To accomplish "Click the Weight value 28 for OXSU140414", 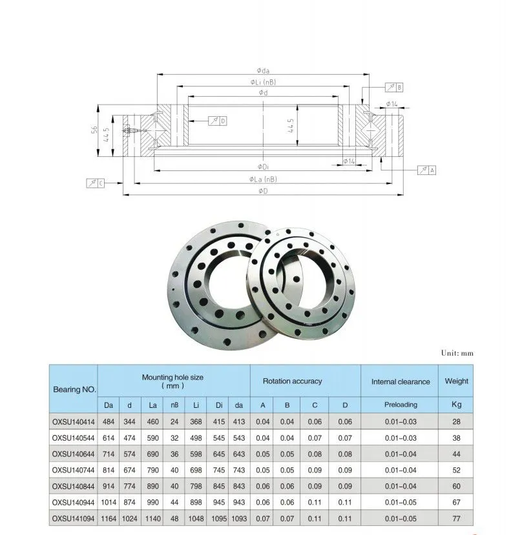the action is [x=456, y=421].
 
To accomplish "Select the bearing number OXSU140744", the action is [x=73, y=470].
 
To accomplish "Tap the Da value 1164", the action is [x=109, y=519].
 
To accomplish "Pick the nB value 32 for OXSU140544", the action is [x=174, y=438].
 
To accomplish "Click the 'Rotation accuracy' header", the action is [x=293, y=381].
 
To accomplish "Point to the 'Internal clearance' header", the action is [x=401, y=381].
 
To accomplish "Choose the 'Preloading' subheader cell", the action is [x=401, y=405].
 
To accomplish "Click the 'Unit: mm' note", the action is [x=457, y=353].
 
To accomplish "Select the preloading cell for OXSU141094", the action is [x=401, y=519].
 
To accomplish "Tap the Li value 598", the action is [x=196, y=454].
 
